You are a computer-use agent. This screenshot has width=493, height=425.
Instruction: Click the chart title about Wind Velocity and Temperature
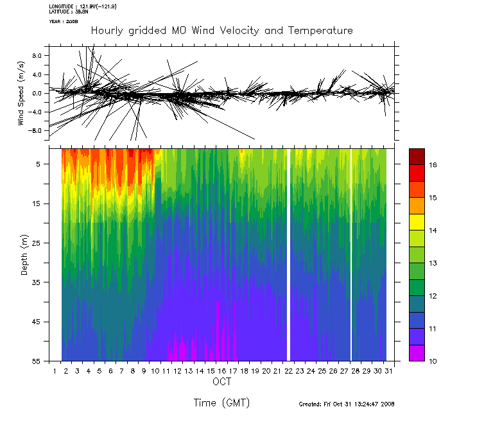221,31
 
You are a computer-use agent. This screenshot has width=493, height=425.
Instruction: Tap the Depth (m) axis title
25,254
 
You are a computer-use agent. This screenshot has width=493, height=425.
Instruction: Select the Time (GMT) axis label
221,403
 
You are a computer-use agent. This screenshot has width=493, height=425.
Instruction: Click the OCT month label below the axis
221,382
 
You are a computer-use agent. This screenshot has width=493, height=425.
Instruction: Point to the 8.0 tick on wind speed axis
36,56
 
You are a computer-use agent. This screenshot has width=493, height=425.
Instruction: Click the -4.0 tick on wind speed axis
35,112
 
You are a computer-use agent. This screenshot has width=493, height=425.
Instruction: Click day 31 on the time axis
389,371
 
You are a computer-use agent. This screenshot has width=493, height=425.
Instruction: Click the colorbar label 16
433,165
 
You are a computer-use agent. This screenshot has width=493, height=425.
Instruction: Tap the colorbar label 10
433,361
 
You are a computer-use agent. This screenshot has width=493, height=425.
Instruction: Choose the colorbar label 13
433,263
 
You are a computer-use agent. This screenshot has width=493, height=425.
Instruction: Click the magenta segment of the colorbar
417,353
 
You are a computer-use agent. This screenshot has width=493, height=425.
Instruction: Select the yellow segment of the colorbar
417,222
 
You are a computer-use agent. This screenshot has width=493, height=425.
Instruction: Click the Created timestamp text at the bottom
347,404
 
